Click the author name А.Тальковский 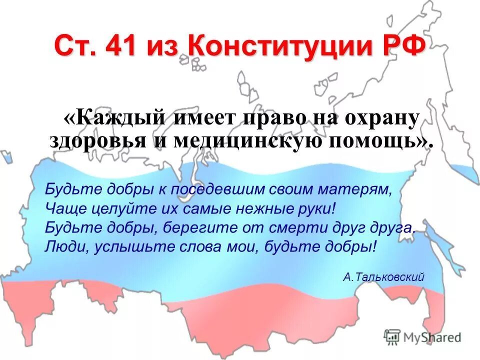(x=384, y=276)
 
